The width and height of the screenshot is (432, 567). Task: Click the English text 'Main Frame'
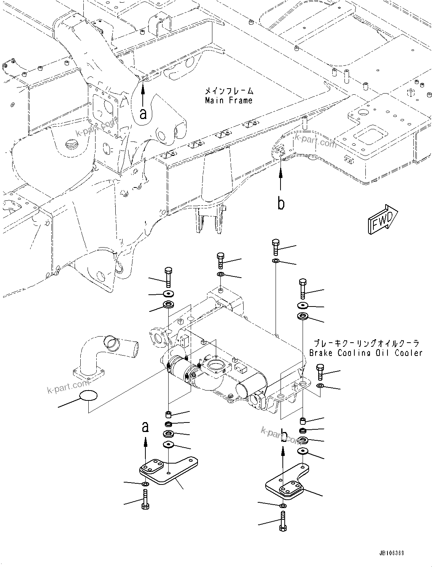click(228, 100)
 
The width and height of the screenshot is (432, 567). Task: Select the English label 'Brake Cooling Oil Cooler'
click(365, 353)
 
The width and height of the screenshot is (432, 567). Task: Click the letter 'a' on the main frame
click(143, 113)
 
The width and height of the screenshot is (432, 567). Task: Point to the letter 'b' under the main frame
click(281, 204)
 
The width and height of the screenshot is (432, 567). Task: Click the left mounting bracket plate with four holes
click(167, 471)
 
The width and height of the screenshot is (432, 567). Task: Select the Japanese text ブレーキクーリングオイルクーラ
click(366, 343)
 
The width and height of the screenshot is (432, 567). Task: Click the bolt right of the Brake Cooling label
click(320, 372)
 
